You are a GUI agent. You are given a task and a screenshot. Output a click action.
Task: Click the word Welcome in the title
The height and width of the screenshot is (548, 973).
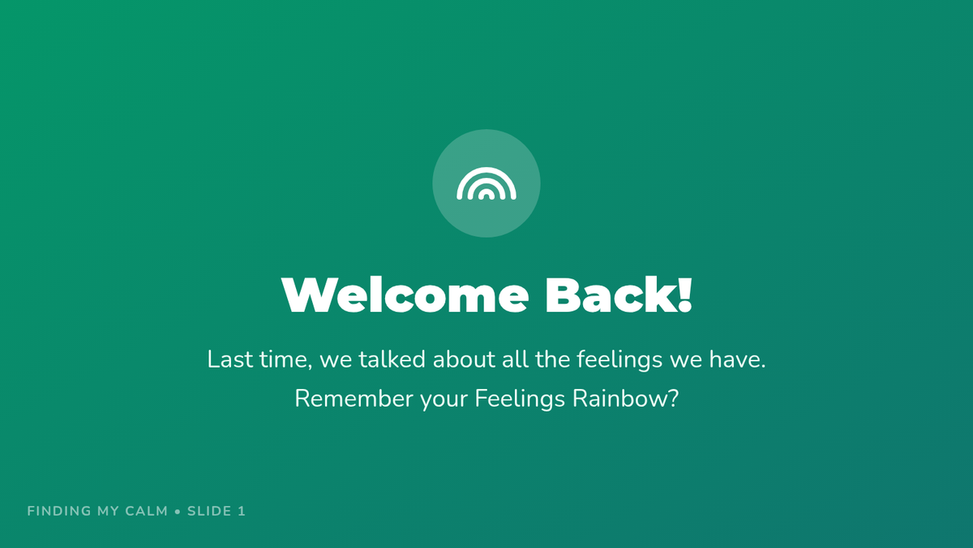pyautogui.click(x=405, y=295)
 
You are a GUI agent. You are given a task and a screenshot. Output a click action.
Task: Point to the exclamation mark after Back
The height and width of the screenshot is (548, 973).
pyautogui.click(x=684, y=295)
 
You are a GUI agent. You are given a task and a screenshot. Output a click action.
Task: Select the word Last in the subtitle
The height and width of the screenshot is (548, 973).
pyautogui.click(x=229, y=359)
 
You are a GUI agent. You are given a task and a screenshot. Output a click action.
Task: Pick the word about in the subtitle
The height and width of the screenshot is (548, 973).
pyautogui.click(x=464, y=359)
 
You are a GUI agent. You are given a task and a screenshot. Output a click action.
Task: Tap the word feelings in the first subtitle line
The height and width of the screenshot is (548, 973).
pyautogui.click(x=619, y=361)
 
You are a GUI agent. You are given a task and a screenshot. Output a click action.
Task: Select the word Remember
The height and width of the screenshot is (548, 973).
pyautogui.click(x=354, y=399)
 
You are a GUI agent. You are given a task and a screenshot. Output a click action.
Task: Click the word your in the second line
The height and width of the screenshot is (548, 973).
pyautogui.click(x=444, y=401)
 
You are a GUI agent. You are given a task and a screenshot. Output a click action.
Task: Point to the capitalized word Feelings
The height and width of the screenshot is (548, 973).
pyautogui.click(x=520, y=400)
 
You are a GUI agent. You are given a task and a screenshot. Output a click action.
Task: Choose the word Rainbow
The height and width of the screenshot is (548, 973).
pyautogui.click(x=619, y=399)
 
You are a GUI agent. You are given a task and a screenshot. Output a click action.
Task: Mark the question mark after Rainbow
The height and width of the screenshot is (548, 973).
pyautogui.click(x=673, y=399)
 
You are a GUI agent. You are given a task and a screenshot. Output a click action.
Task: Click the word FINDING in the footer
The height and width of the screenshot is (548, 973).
pyautogui.click(x=59, y=511)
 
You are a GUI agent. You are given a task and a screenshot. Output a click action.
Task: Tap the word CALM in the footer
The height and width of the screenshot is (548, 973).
pyautogui.click(x=147, y=511)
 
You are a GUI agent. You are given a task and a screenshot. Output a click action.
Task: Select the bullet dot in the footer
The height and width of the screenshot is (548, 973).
pyautogui.click(x=178, y=511)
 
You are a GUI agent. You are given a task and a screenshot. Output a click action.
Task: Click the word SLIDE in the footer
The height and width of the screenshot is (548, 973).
pyautogui.click(x=209, y=511)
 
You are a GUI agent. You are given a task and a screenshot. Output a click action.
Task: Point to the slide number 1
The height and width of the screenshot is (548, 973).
pyautogui.click(x=242, y=511)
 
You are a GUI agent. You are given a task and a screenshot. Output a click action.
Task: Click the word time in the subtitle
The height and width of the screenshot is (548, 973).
pyautogui.click(x=285, y=360)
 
